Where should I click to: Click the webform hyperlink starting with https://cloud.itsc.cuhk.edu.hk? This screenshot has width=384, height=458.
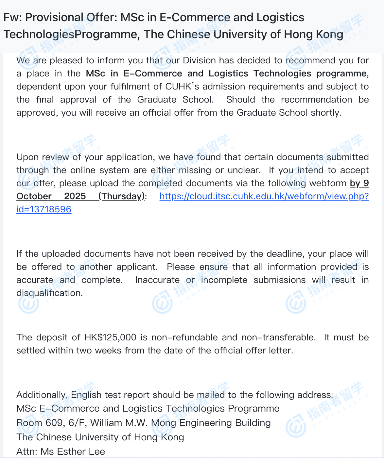(x=264, y=196)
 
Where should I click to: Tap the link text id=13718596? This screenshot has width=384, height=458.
(x=44, y=209)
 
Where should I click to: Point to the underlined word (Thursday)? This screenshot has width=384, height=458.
(x=121, y=196)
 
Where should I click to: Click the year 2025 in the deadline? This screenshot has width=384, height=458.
(x=75, y=196)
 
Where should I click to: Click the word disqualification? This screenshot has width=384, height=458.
(x=49, y=293)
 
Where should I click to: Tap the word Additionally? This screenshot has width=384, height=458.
(x=42, y=395)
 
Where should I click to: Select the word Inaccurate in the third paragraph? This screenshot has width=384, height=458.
(x=157, y=280)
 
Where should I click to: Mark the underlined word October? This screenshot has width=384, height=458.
(x=34, y=196)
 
